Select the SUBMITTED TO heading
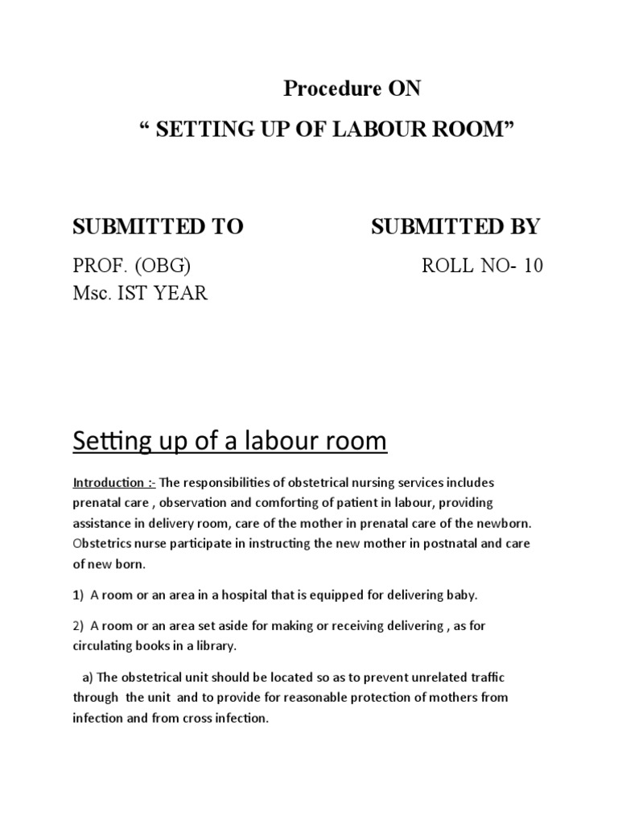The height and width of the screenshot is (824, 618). tap(158, 227)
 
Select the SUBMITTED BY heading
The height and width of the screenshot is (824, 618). tap(455, 227)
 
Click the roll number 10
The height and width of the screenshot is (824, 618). tap(533, 266)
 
